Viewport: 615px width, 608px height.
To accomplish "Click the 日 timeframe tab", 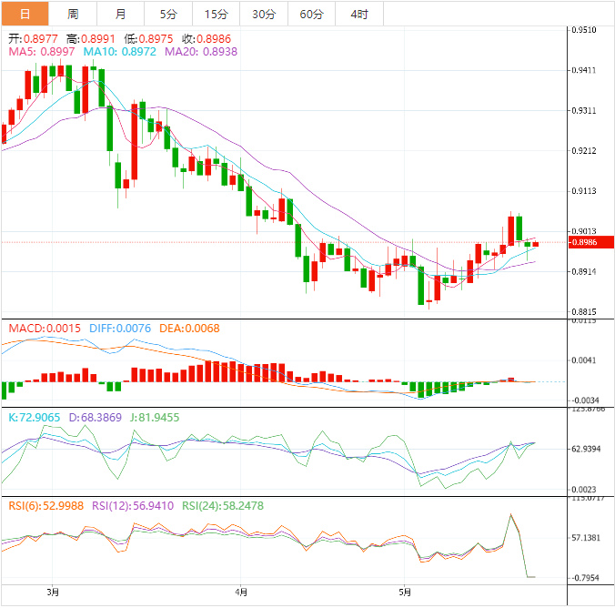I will point(24,14).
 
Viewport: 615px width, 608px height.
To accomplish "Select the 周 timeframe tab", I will point(73,14).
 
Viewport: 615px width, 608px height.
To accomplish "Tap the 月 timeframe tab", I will point(121,14).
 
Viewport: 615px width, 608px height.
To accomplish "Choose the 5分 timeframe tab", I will point(168,14).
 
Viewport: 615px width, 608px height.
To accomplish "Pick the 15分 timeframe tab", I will point(216,14).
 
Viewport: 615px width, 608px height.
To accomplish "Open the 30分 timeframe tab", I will point(263,14).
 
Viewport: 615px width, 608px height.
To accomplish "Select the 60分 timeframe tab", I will point(311,14).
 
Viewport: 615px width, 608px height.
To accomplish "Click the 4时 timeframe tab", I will point(358,14).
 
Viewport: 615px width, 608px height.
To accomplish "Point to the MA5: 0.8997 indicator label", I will point(42,53).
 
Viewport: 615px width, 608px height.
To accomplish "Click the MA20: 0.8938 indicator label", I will point(201,53).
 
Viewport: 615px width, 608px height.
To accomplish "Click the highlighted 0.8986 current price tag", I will point(583,243).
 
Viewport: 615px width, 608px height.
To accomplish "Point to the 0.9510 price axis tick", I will point(583,30).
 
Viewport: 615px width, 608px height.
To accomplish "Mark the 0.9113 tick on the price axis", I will point(583,192).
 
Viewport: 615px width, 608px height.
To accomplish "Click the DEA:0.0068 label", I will point(189,328).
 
